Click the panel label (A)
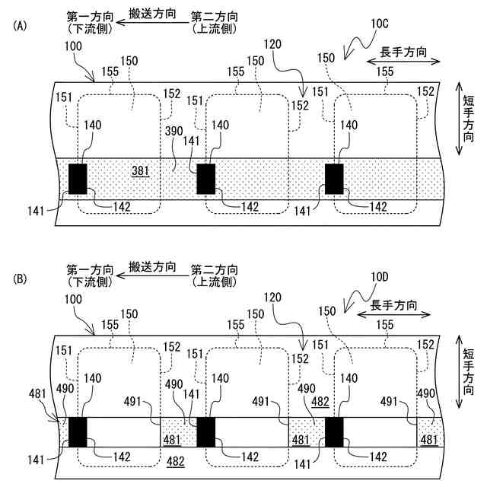coord(20,25)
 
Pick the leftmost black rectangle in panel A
coord(78,178)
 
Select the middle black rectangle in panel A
coord(206,178)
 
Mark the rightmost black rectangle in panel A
coord(335,178)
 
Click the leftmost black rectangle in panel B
coord(78,431)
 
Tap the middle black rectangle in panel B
coord(206,431)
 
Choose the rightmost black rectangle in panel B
coord(335,431)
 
